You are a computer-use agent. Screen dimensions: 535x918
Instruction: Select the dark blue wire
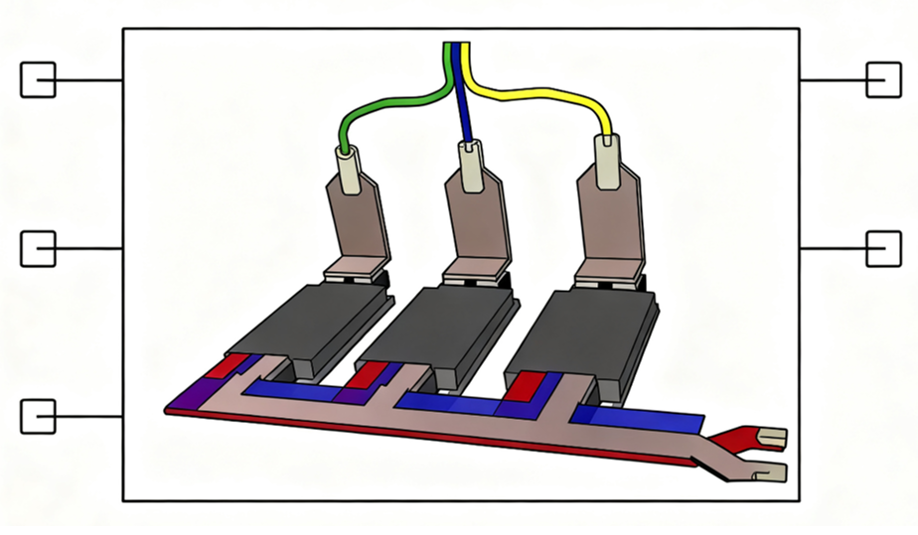[x=462, y=99]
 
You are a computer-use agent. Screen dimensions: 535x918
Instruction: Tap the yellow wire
[x=556, y=99]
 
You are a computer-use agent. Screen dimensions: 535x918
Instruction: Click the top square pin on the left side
[x=38, y=79]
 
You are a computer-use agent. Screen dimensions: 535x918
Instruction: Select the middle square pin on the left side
[x=38, y=247]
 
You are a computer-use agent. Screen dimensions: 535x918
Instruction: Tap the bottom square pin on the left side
[x=38, y=415]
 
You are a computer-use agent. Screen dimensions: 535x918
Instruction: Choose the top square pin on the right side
[x=883, y=79]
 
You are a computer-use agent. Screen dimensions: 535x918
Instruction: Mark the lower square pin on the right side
[x=883, y=247]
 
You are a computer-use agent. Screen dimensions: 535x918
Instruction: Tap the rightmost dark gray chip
[x=581, y=328]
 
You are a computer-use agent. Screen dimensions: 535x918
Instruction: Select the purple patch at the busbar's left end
[x=189, y=398]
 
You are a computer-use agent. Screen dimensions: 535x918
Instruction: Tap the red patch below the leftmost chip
[x=223, y=365]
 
